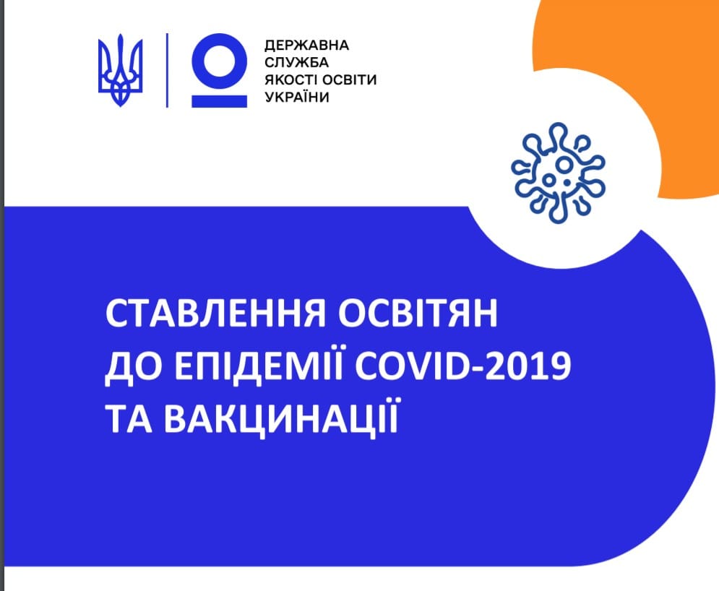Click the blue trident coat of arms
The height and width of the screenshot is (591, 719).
pyautogui.click(x=120, y=69)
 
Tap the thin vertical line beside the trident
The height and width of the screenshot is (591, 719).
pyautogui.click(x=167, y=70)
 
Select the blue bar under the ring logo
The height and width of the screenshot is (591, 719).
pyautogui.click(x=219, y=101)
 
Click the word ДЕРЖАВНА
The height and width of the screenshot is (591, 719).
pyautogui.click(x=307, y=45)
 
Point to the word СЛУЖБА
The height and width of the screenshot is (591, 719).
pyautogui.click(x=297, y=62)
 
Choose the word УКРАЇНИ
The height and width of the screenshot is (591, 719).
pyautogui.click(x=297, y=96)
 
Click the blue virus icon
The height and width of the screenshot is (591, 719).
pyautogui.click(x=558, y=173)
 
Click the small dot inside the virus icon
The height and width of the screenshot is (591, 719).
pyautogui.click(x=567, y=184)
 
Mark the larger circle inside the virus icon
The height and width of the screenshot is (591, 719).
pyautogui.click(x=563, y=164)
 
